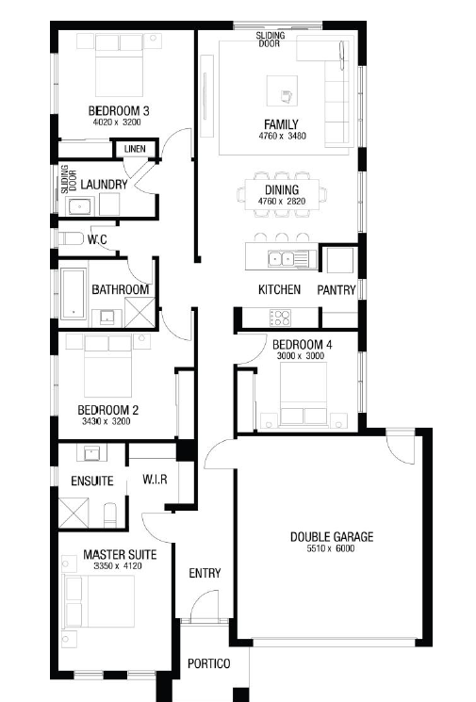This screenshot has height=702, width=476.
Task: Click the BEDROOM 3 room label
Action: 119,110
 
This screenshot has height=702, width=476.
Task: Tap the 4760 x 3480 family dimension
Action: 282,136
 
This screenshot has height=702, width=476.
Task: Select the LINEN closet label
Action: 135,149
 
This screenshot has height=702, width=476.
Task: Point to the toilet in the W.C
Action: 71,238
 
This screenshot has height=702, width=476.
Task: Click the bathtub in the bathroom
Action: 73,294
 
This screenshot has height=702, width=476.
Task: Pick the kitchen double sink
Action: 281,259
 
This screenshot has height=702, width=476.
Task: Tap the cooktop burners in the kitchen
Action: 280,318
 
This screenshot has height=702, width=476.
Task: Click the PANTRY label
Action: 336,290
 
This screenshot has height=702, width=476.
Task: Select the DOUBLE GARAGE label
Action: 332,537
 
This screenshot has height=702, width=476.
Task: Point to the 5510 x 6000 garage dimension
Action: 331,548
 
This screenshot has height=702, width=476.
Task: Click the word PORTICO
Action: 209,663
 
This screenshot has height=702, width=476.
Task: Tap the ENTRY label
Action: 205,573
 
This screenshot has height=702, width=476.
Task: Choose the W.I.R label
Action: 155,480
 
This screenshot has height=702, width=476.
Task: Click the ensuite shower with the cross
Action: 74,513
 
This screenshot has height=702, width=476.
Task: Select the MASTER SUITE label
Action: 120,555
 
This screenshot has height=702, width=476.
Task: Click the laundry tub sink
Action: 80,207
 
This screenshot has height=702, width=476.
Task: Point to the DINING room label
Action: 282,189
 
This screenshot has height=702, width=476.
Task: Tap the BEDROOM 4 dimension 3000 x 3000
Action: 301,356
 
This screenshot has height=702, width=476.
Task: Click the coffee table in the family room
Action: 282,90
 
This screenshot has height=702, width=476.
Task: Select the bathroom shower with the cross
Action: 140,312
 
